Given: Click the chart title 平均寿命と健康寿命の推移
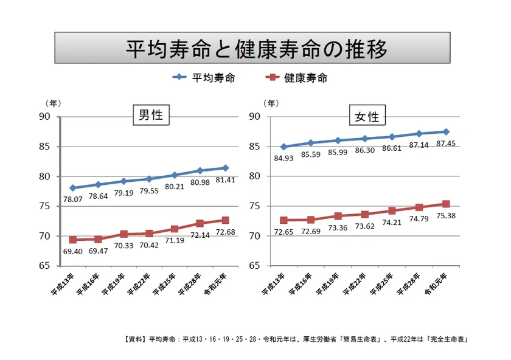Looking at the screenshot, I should tap(255, 48).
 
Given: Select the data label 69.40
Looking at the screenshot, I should tap(72, 251).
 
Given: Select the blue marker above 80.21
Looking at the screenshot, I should tap(175, 175).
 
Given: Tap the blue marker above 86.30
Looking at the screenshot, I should tap(365, 139).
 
